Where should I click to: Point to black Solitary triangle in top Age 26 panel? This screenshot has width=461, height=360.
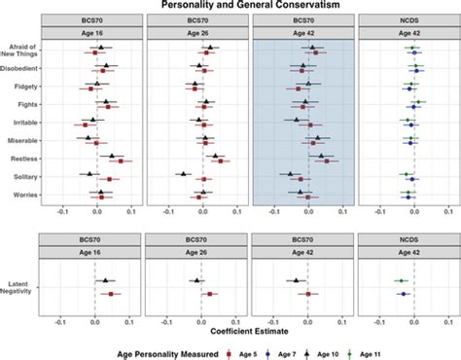coord(182,174)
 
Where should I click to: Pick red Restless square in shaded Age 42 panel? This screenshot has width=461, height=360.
coord(327,161)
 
